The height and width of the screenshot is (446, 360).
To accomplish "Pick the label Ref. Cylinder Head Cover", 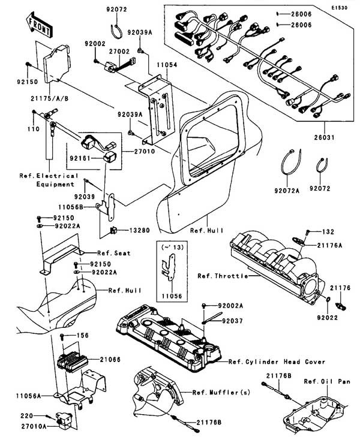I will pos(277,362).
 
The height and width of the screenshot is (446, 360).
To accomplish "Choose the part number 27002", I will pos(120,52).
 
